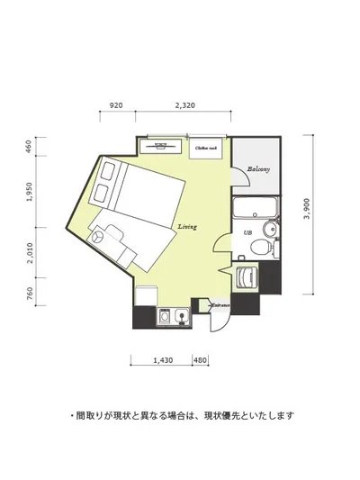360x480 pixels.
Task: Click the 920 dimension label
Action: point(116,105)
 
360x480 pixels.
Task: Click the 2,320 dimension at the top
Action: point(184,105)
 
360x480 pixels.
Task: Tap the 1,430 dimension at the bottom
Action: point(163,360)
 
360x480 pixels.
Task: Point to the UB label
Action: point(247,233)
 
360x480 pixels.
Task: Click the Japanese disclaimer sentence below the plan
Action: point(181,416)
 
